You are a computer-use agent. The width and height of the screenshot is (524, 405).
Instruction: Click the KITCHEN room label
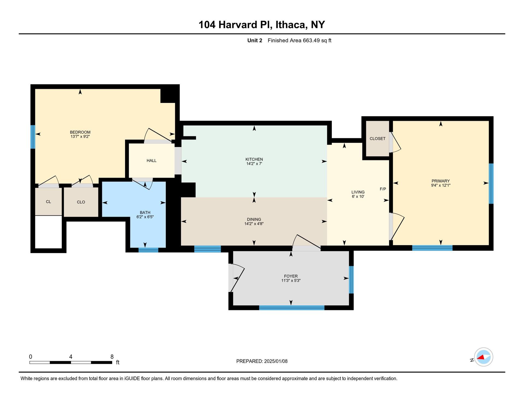coord(254,159)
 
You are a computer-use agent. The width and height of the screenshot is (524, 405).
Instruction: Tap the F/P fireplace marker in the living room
coord(383,189)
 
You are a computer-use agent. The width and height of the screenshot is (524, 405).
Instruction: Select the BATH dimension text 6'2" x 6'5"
coord(145,217)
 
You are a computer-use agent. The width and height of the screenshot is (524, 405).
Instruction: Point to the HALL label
coord(151,160)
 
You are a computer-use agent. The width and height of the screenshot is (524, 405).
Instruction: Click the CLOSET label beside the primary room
coord(377,139)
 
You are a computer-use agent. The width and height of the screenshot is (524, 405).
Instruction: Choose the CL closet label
coord(48,202)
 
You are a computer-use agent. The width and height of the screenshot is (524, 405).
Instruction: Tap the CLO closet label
coord(81,202)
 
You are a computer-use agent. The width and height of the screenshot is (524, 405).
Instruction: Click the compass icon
coord(483,357)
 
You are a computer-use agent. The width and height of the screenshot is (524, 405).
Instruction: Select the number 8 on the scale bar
coord(112,357)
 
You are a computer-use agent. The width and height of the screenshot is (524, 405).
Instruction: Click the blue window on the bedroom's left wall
coord(33,137)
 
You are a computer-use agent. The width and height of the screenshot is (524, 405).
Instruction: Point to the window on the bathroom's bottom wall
coord(148,250)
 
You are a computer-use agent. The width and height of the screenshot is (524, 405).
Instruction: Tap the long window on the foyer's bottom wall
coord(292,308)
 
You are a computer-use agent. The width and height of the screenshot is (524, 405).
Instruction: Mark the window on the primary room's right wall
coord(491,183)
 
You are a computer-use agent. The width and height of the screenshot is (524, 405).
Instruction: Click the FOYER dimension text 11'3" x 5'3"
coord(291,281)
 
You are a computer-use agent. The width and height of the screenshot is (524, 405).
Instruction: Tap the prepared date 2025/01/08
coord(276,361)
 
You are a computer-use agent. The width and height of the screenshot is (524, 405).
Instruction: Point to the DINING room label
coord(254,219)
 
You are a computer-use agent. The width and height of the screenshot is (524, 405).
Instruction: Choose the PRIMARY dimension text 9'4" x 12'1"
coord(440,185)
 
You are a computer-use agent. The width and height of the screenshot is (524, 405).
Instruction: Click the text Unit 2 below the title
coord(255,41)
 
